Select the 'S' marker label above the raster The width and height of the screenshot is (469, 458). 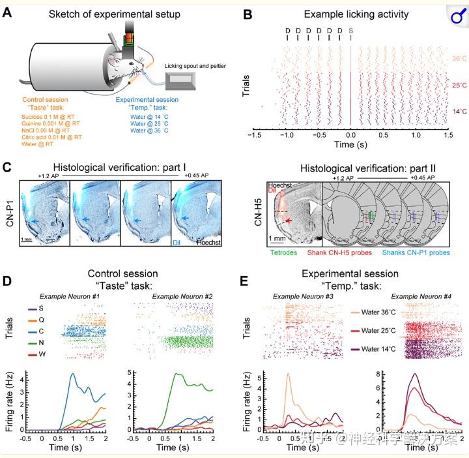coord(351,30)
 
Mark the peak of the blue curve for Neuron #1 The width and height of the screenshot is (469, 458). coord(73,374)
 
